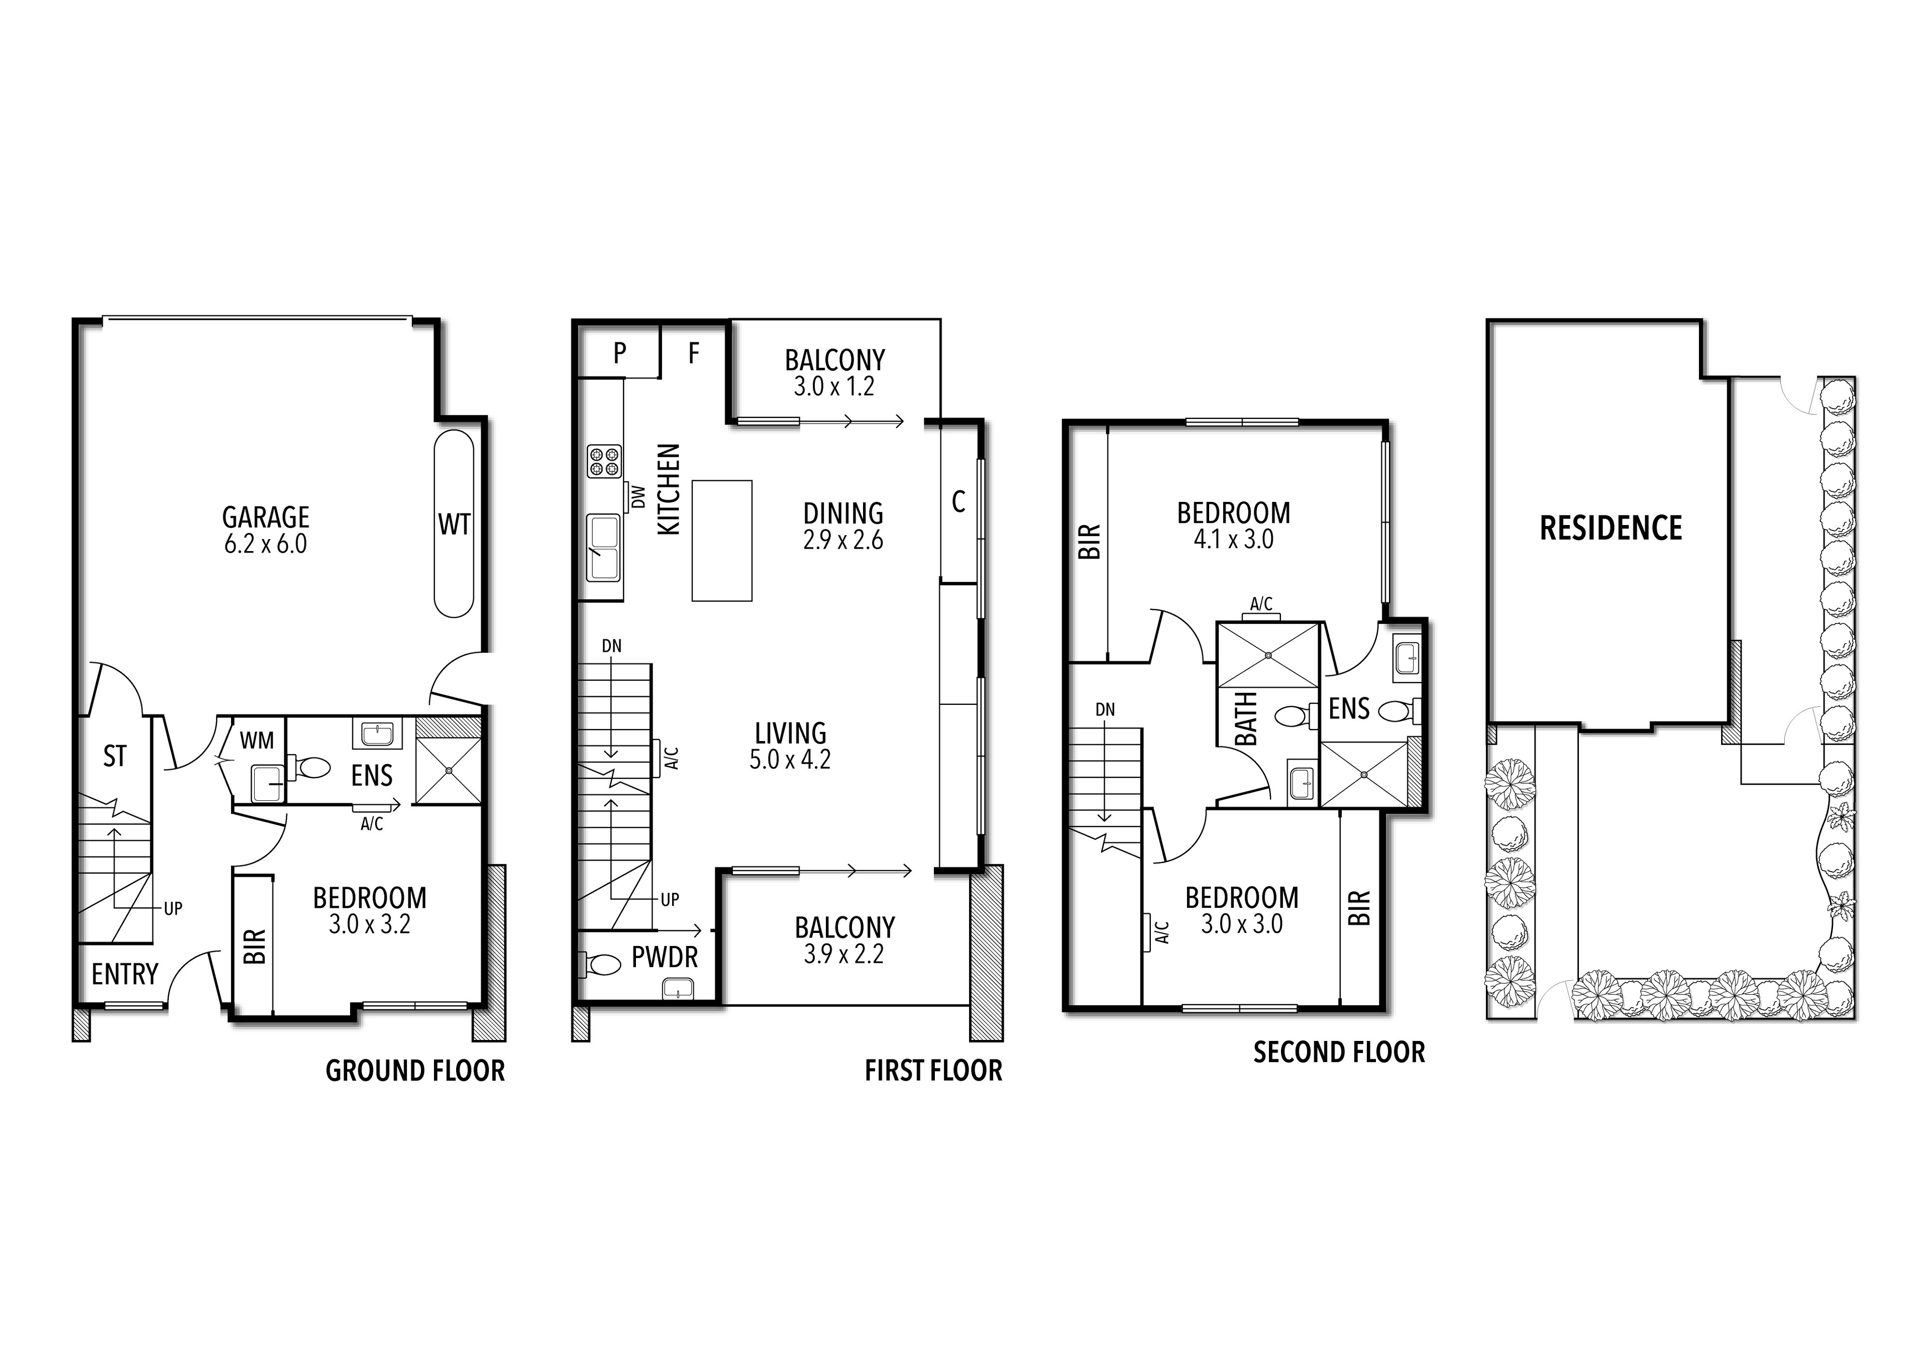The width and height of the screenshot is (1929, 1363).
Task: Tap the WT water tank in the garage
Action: pos(454,525)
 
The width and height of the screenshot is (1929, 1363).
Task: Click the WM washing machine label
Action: pos(256,741)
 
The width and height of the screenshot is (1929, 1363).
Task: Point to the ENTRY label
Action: pos(125,974)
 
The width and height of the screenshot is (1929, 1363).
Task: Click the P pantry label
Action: pos(619,353)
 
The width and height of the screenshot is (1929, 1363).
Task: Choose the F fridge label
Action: pos(693,353)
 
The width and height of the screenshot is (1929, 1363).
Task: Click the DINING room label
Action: pos(842,512)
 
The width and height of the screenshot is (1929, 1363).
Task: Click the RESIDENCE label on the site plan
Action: pos(1611,528)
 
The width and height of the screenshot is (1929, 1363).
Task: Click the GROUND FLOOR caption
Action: pos(415,1071)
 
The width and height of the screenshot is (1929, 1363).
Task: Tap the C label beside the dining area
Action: pos(958,502)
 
